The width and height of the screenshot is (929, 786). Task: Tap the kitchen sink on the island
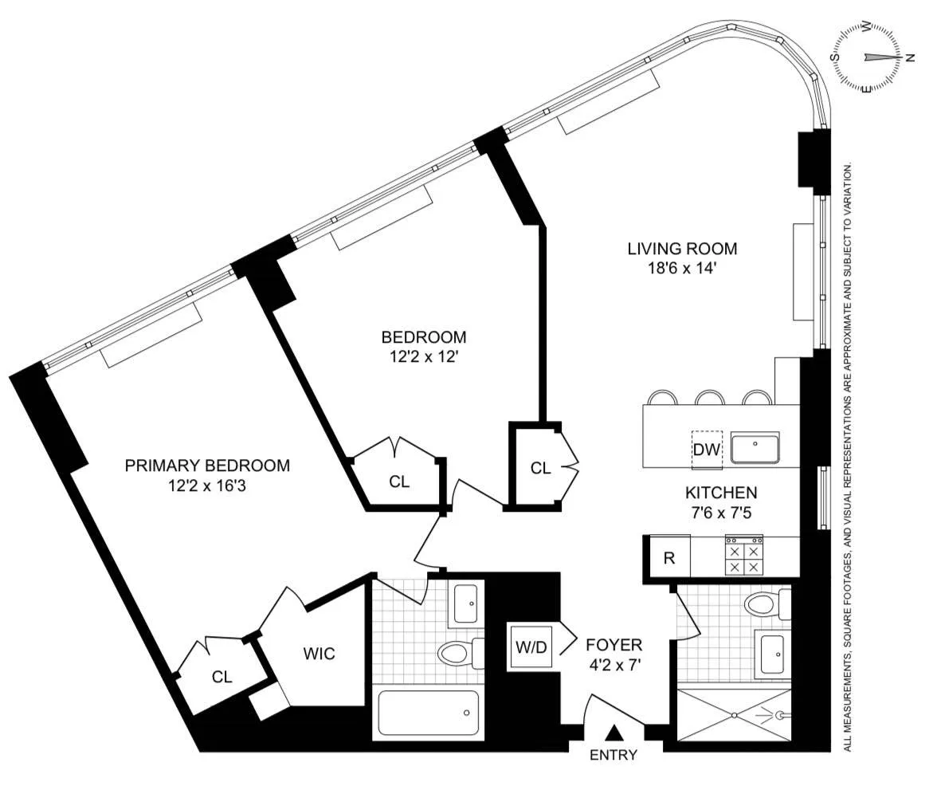click(755, 450)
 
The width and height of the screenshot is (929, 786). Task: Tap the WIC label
click(319, 654)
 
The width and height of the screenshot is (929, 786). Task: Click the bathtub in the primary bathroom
click(429, 712)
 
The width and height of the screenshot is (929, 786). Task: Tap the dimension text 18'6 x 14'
click(682, 269)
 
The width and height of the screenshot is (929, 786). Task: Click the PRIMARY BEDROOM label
click(207, 466)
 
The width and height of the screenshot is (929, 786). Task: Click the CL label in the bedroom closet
click(399, 481)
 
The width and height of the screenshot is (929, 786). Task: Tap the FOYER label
click(613, 645)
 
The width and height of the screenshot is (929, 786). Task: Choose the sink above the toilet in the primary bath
click(465, 604)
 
